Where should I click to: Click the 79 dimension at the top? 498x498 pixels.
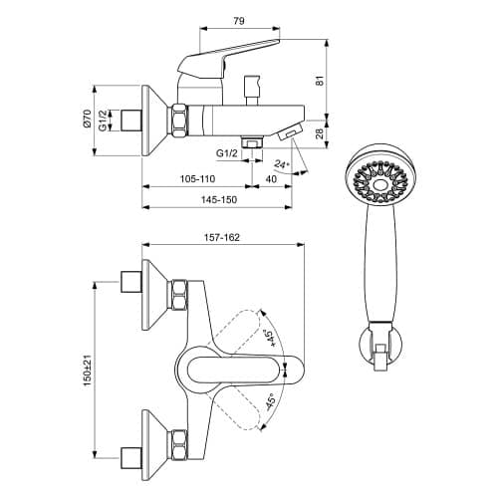point(239,21)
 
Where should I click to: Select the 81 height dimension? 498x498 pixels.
point(319,81)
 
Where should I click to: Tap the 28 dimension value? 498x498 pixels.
point(319,133)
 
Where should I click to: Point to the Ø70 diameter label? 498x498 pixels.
point(87,119)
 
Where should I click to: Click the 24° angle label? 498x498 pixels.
point(282,164)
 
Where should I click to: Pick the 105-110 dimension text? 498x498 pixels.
point(197,179)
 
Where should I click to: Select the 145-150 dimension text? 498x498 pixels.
point(219,199)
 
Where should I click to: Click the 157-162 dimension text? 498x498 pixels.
point(221,237)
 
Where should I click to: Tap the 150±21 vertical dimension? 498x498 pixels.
point(87,371)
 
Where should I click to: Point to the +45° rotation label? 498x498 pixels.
point(268,338)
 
